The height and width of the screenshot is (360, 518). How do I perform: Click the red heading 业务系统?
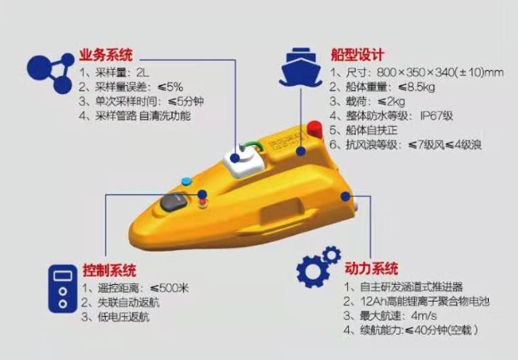point(106,55)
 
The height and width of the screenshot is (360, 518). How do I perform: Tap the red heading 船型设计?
point(357,55)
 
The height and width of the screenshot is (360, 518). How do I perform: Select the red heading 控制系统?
point(109,270)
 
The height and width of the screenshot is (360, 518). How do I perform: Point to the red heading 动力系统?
point(371,268)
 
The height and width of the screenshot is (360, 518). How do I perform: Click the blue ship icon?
point(301,67)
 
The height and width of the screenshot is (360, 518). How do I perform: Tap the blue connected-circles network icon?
point(51,72)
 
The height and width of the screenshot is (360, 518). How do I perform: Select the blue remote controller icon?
point(62,288)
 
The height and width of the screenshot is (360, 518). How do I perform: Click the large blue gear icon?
point(312,271)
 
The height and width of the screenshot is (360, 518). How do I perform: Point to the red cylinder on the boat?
point(315,129)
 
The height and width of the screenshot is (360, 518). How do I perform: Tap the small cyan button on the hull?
point(187,181)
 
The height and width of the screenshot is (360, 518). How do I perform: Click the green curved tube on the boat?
point(253,146)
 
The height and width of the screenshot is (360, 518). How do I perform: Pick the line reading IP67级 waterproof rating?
point(391,116)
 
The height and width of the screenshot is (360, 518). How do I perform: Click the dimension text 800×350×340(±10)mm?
point(440,72)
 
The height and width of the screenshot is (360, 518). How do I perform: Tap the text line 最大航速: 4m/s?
point(390,315)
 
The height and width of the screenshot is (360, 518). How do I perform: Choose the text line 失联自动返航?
point(120,302)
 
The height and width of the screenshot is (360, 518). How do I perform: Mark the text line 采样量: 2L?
point(114,72)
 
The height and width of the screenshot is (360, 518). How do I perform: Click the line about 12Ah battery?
point(416,301)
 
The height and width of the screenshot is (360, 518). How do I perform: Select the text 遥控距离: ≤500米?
point(135,288)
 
